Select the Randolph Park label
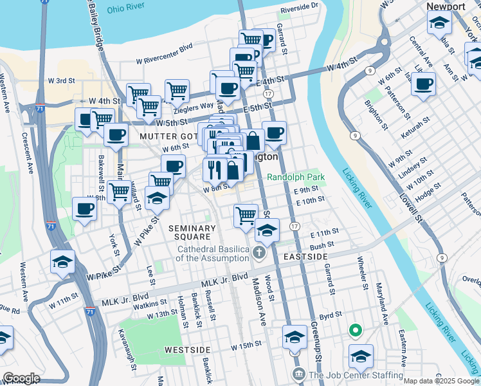point(296,177)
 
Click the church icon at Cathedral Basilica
point(259,252)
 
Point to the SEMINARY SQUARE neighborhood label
point(192,233)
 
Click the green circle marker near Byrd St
point(354,331)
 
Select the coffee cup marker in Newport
point(423,84)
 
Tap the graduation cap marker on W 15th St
point(295,336)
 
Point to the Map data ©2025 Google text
point(441,381)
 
